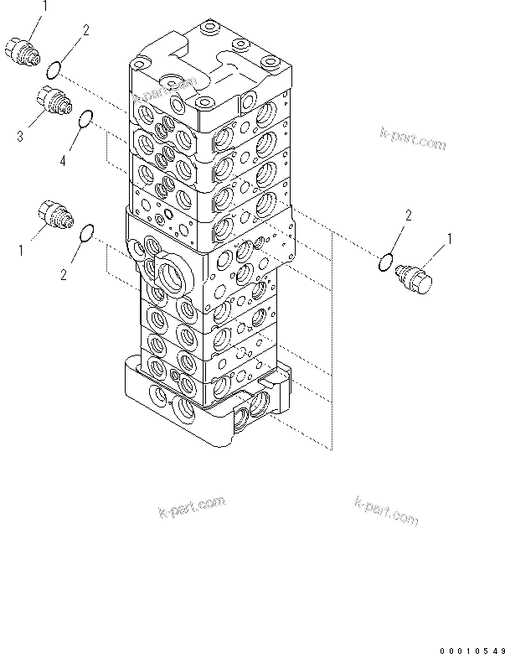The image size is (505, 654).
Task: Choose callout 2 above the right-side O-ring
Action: point(408,216)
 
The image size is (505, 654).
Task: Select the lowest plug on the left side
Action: point(57,214)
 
